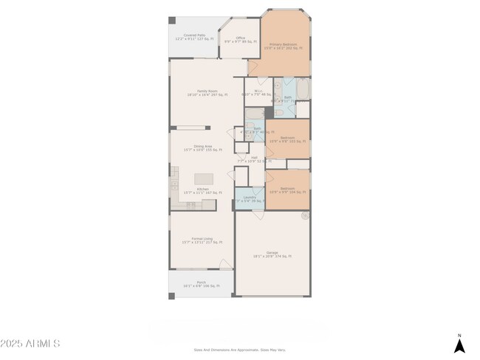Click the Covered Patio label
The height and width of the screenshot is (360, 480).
[194, 37]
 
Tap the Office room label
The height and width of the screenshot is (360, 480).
[240, 40]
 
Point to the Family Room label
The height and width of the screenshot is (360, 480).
[207, 93]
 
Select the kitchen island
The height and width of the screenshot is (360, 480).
[204, 179]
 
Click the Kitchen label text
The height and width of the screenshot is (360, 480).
[202, 191]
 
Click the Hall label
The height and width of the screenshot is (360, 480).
[253, 159]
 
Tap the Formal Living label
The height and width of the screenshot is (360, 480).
[202, 240]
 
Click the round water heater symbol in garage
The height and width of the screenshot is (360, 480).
[304, 216]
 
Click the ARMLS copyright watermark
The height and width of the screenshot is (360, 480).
[31, 344]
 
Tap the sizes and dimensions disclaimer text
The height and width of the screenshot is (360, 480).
[239, 350]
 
